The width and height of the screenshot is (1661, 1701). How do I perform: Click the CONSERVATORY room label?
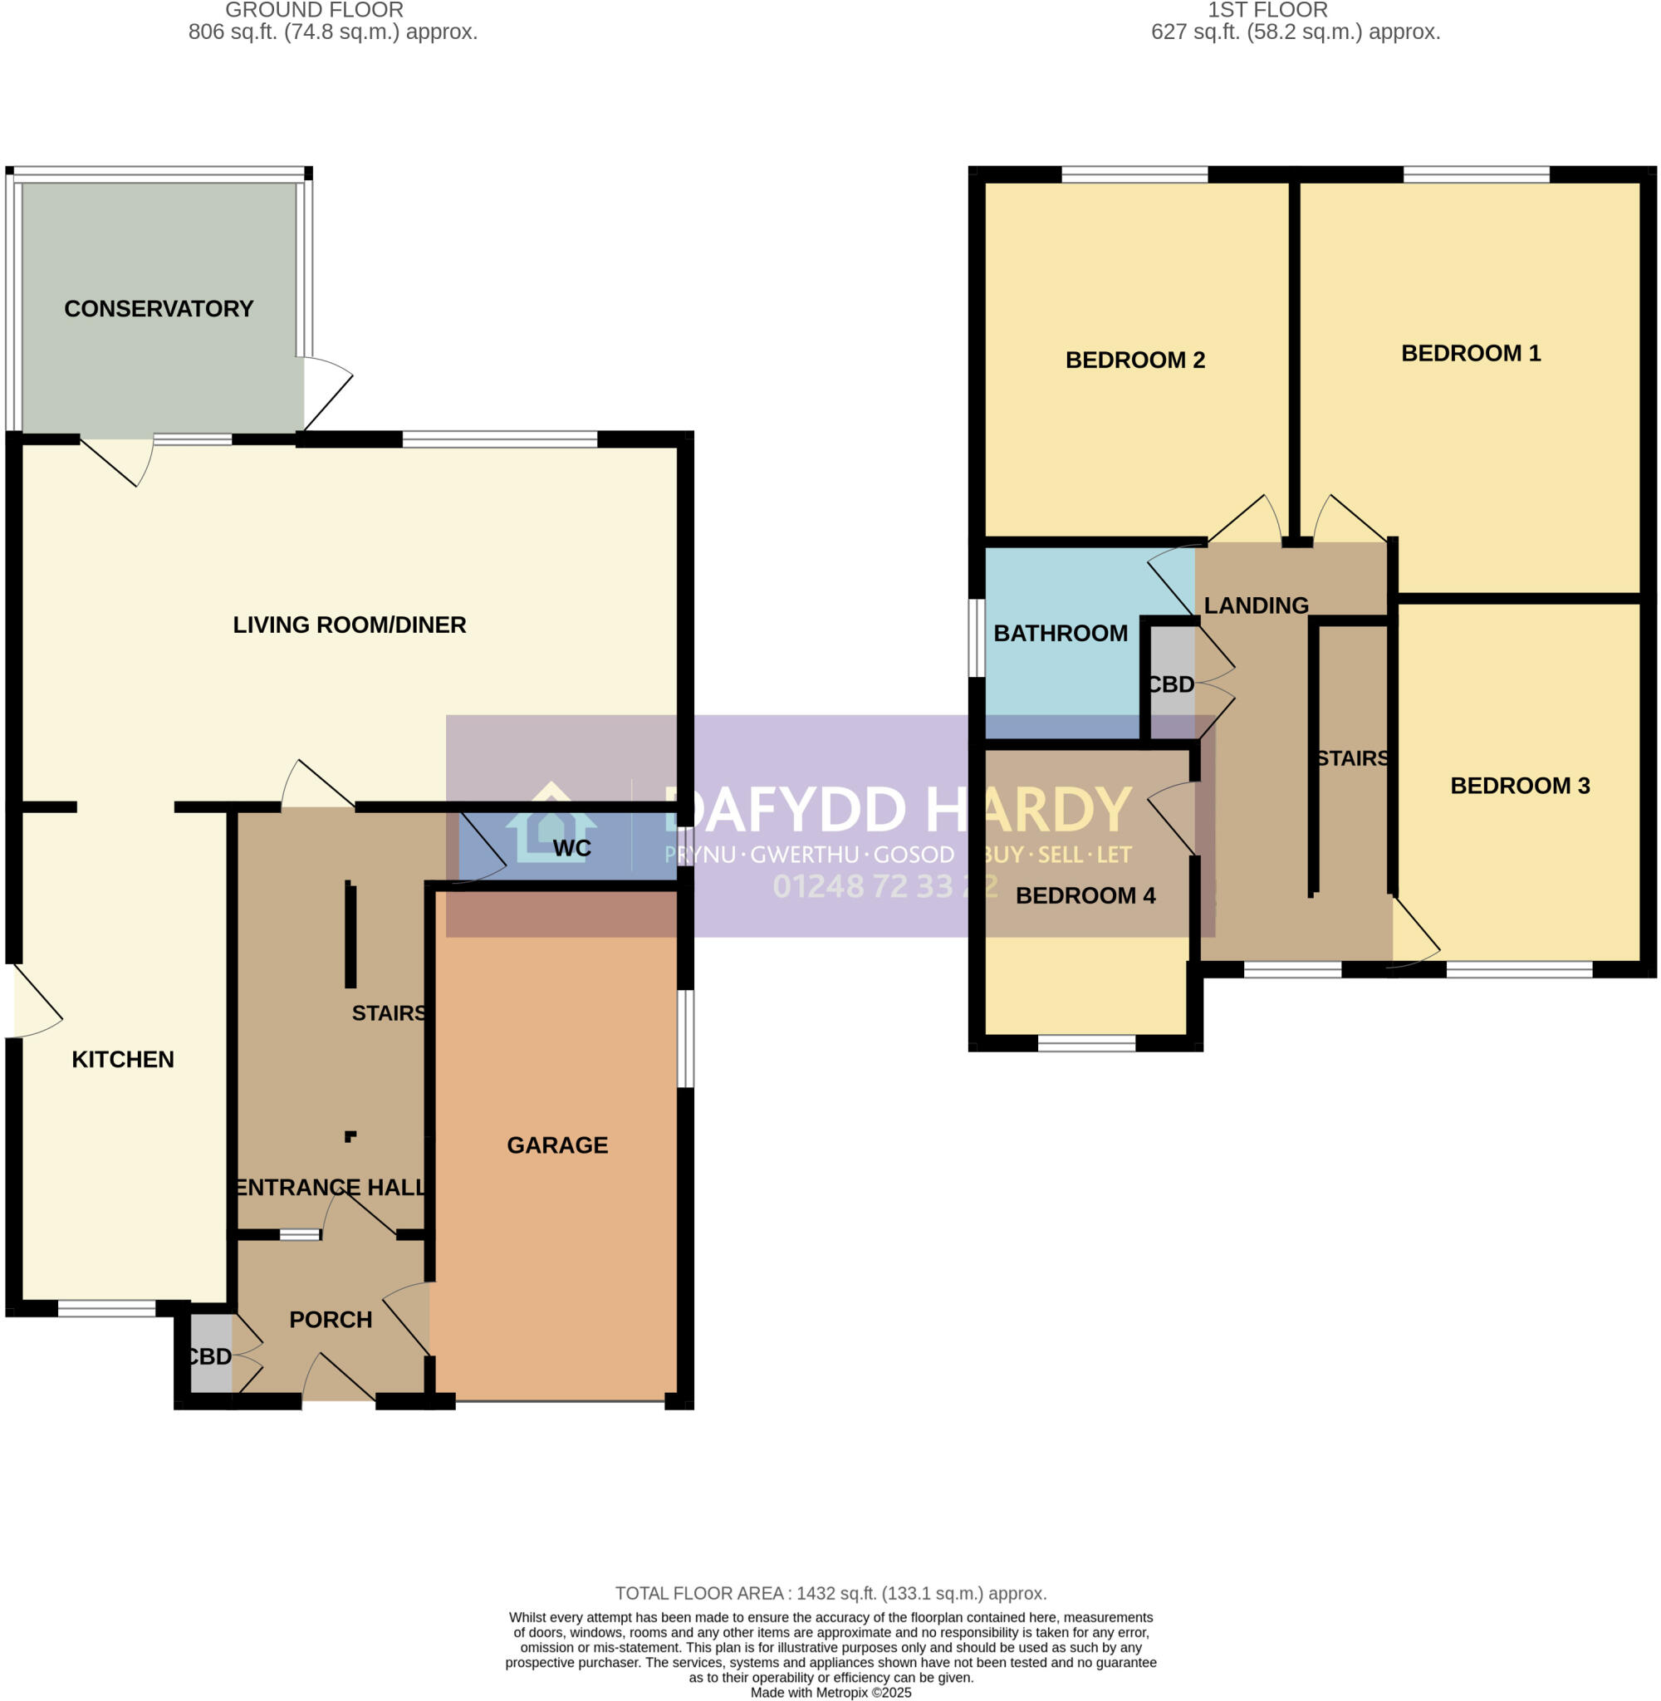pyautogui.click(x=159, y=309)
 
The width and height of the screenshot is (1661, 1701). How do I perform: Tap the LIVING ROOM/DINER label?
pyautogui.click(x=349, y=625)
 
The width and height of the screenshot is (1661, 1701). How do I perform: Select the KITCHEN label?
pyautogui.click(x=123, y=1059)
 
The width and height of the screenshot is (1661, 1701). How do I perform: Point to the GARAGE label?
pyautogui.click(x=557, y=1145)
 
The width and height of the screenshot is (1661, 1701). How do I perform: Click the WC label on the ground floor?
pyautogui.click(x=571, y=848)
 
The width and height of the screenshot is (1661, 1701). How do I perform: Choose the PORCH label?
pyautogui.click(x=331, y=1319)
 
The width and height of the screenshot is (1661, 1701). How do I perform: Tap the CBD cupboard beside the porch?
pyautogui.click(x=210, y=1356)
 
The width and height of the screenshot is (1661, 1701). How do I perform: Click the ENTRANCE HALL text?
pyautogui.click(x=331, y=1187)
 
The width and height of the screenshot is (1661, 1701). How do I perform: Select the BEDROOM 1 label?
pyautogui.click(x=1471, y=353)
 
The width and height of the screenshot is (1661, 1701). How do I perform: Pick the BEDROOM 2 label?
pyautogui.click(x=1135, y=360)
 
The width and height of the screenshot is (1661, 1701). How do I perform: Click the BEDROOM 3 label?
pyautogui.click(x=1520, y=785)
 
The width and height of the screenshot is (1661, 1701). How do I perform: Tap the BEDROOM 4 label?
pyautogui.click(x=1085, y=895)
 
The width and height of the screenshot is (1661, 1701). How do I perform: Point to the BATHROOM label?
pyautogui.click(x=1060, y=633)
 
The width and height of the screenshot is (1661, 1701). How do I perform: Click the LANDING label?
pyautogui.click(x=1257, y=605)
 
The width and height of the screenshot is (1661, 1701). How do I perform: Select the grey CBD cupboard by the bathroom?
pyautogui.click(x=1171, y=684)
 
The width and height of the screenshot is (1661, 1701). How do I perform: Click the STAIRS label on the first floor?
pyautogui.click(x=1352, y=758)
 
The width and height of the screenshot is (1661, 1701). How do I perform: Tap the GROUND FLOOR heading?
pyautogui.click(x=314, y=11)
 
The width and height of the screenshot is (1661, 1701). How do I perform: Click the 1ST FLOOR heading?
pyautogui.click(x=1267, y=11)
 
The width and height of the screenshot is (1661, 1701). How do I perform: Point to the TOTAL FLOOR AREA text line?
pyautogui.click(x=830, y=1593)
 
